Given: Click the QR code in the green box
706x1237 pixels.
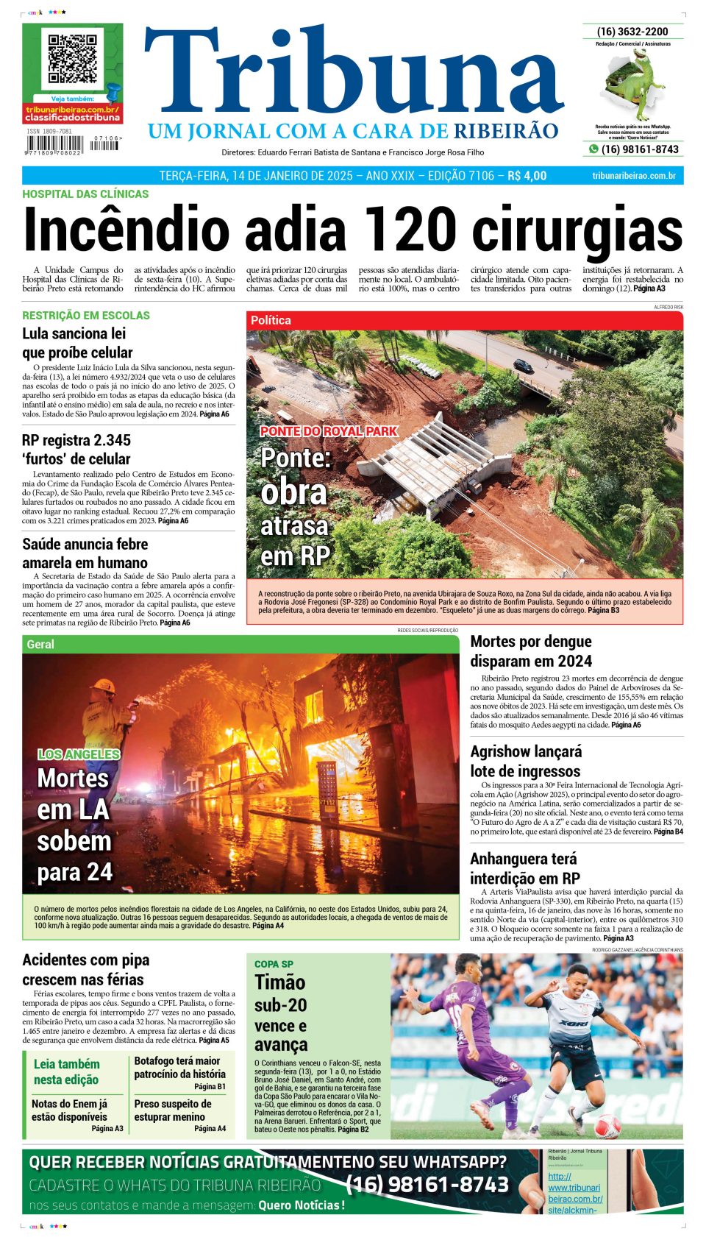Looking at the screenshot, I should (x=72, y=58).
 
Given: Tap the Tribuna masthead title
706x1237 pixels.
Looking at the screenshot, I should (x=353, y=74).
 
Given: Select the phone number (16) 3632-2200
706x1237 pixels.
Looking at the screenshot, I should (x=632, y=32).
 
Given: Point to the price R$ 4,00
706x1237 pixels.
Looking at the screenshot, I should (x=527, y=176).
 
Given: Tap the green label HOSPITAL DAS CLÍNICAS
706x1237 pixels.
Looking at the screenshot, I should (x=85, y=194).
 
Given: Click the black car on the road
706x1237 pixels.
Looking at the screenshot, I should (x=523, y=365).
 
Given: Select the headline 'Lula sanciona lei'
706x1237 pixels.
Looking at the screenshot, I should (x=74, y=333).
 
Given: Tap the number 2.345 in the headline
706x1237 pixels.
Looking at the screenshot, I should (x=107, y=440).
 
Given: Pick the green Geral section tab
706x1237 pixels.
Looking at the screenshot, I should (x=40, y=644).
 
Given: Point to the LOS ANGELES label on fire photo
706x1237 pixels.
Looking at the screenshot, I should (x=79, y=754).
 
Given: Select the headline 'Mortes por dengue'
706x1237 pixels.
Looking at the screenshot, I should (x=530, y=642).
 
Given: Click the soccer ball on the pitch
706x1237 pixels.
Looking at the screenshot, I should (x=607, y=1126).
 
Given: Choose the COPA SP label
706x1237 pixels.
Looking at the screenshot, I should (x=274, y=964).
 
